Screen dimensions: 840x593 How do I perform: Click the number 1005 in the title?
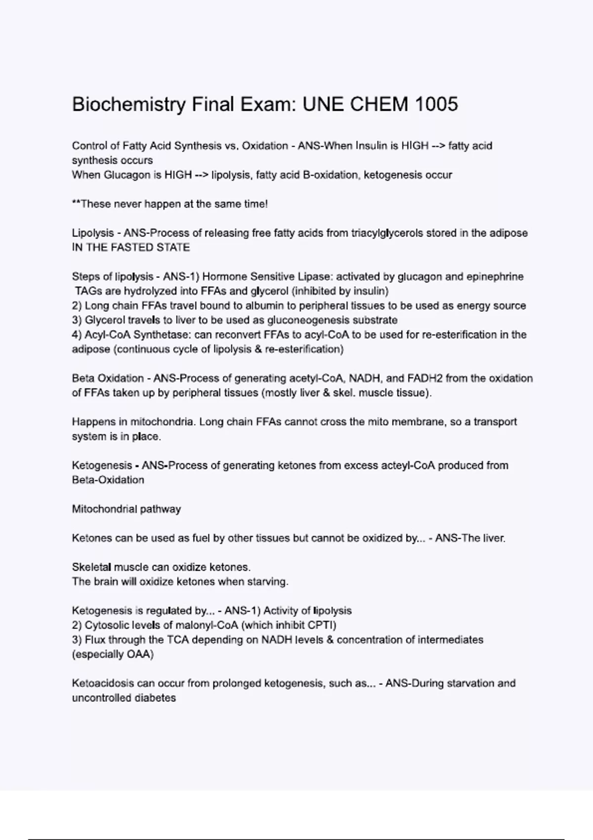[x=436, y=104]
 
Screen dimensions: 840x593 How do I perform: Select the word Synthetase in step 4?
[x=162, y=335]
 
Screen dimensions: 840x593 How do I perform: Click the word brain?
[x=106, y=582]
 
